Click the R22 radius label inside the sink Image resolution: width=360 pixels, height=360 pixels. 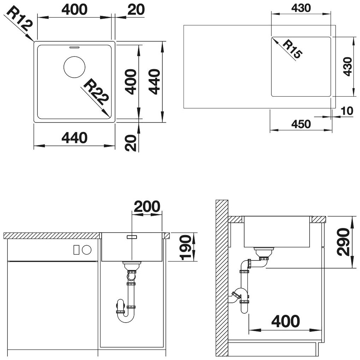click(95, 92)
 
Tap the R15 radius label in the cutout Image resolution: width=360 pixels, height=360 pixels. click(292, 49)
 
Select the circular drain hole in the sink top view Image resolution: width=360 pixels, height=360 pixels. click(74, 67)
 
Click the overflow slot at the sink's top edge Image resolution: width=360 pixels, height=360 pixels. click(74, 47)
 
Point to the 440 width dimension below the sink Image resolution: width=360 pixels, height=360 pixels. click(74, 138)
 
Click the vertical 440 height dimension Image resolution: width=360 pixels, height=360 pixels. click(154, 82)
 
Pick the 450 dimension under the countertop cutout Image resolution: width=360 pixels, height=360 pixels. click(301, 124)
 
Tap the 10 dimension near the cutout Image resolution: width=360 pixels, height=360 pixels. click(347, 111)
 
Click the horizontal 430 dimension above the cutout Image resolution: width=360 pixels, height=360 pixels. click(301, 8)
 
